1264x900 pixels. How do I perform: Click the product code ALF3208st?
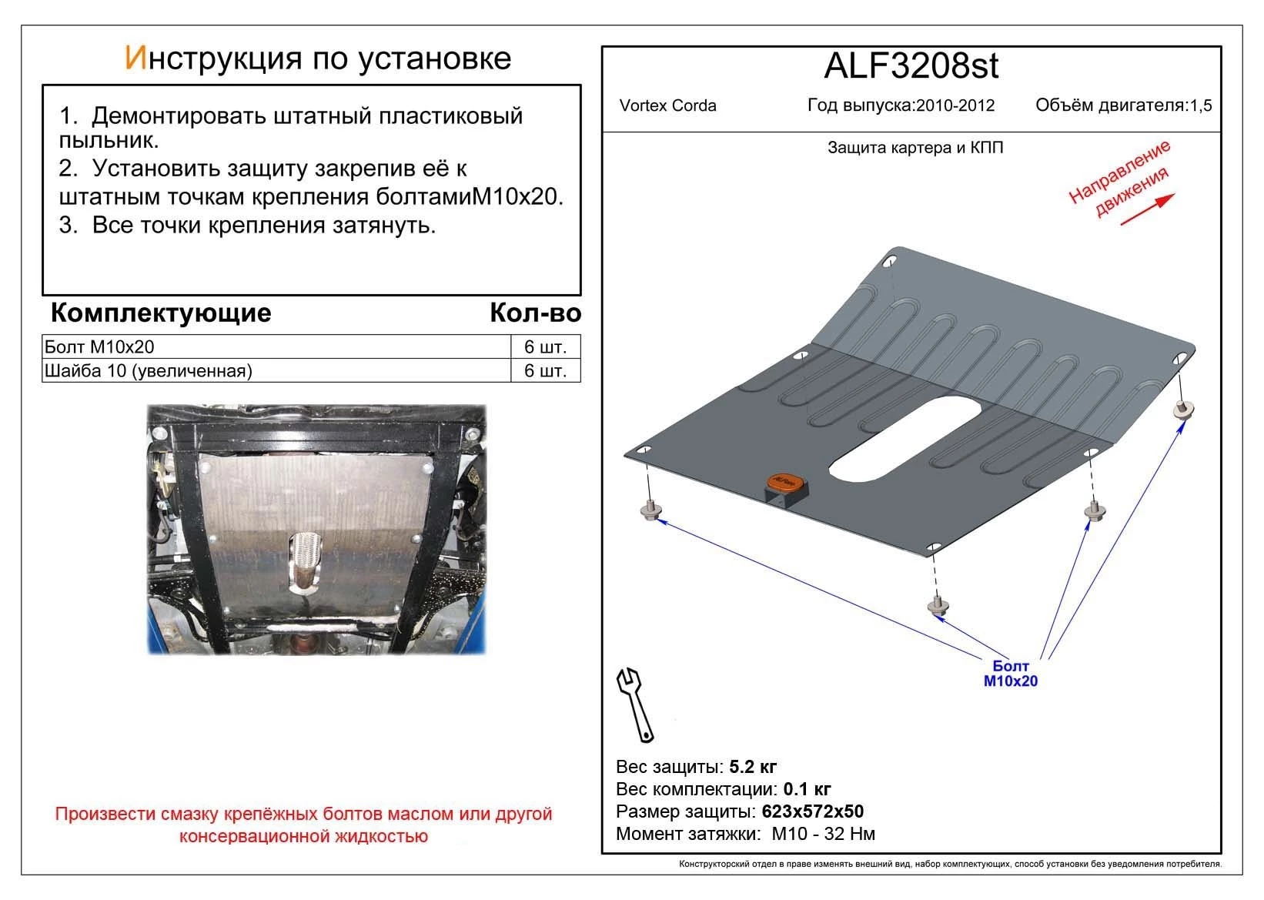coord(911,66)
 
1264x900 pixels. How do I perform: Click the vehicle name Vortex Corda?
coord(667,106)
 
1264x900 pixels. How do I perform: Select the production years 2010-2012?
coord(955,106)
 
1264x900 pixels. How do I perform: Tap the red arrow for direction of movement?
coord(1146,209)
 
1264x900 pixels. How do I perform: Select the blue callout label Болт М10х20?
coord(1010,674)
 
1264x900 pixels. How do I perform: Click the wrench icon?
coord(635,703)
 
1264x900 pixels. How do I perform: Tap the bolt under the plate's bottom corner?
coord(937,606)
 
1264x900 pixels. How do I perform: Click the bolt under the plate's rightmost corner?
coord(1183,410)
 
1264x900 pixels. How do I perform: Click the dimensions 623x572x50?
coord(812,811)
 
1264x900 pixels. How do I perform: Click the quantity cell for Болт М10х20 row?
coord(545,346)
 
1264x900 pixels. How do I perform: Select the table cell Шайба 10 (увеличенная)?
coord(149,371)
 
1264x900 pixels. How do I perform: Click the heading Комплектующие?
coord(160,313)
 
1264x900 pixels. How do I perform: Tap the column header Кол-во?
coord(535,313)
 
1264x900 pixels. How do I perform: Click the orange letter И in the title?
coord(135,59)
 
